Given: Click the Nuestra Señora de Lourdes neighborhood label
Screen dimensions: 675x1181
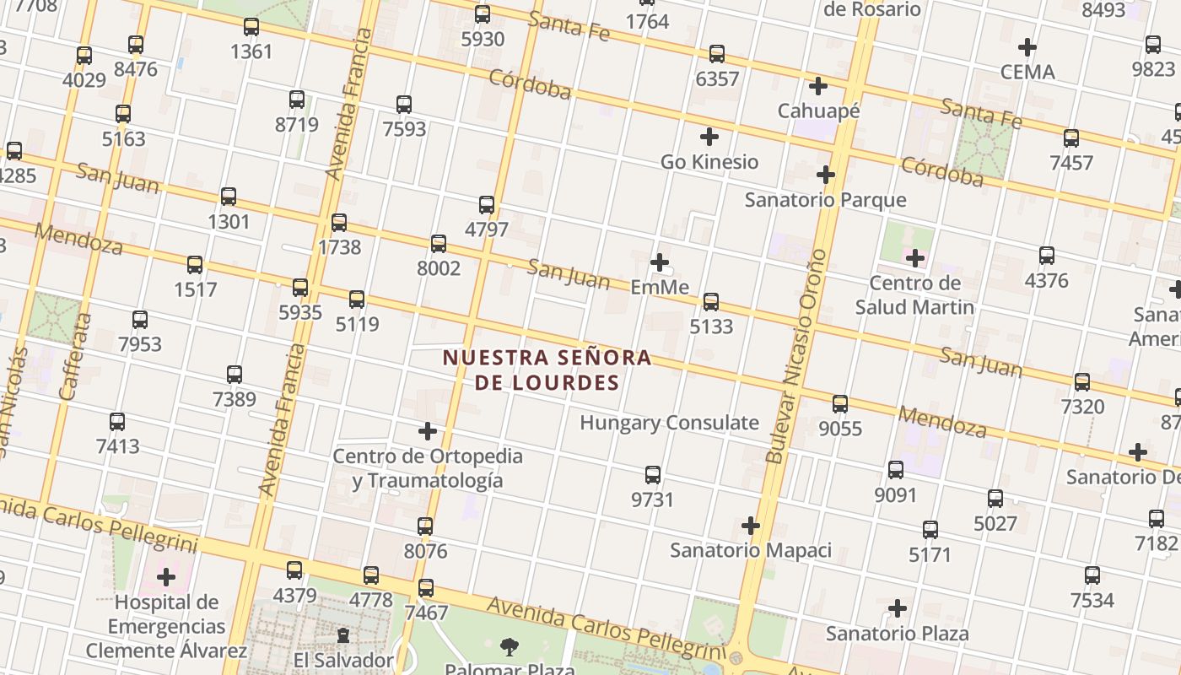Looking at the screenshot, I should [547, 370].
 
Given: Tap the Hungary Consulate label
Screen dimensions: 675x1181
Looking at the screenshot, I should [669, 423].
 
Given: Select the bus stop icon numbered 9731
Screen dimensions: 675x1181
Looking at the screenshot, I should [653, 474].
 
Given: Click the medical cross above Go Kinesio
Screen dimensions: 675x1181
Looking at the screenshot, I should [709, 136].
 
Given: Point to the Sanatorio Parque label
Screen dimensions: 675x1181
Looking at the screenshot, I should [825, 200].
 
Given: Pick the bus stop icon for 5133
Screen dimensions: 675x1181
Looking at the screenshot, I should [711, 301].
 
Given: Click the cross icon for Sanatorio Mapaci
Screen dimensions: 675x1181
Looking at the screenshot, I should [751, 526].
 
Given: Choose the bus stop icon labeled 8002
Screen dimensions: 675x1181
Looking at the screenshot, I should [439, 244].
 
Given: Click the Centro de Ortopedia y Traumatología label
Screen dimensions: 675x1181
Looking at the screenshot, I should [428, 468].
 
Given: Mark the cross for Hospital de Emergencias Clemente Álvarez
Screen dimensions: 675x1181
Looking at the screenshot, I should [166, 577].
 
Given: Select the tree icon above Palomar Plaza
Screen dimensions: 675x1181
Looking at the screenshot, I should [509, 647].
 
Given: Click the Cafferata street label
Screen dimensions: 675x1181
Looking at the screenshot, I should [74, 356].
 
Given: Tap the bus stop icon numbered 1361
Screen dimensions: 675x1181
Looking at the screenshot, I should [251, 27].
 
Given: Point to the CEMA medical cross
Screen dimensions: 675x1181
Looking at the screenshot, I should [1027, 46].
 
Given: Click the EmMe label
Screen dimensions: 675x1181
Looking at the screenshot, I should [660, 288].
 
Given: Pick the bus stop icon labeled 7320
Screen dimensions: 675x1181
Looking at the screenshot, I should [1082, 382].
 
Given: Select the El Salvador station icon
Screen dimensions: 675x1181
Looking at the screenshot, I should [343, 634].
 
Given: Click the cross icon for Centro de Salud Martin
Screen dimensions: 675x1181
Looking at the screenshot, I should [914, 257].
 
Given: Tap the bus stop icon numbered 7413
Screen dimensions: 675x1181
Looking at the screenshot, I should [117, 421].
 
